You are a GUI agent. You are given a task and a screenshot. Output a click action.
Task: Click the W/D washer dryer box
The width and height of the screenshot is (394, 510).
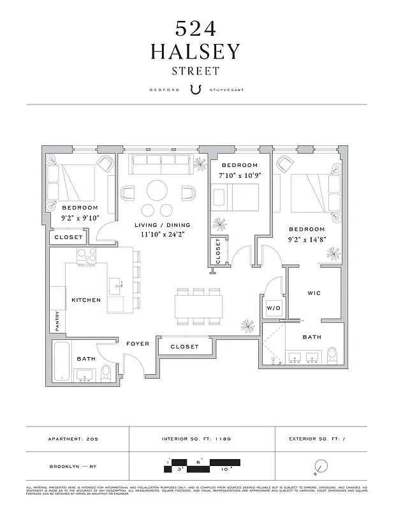point(273,308)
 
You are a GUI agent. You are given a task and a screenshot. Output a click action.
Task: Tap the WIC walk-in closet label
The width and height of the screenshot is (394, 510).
point(314,293)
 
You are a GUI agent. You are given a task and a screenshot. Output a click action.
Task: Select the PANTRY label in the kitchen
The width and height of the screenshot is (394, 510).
point(57,321)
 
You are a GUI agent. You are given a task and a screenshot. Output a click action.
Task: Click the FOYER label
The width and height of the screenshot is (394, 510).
point(138,344)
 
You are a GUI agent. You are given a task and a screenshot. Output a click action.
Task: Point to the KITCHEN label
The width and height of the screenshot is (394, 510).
point(86,300)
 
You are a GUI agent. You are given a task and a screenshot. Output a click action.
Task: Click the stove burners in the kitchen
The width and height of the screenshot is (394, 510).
point(86,255)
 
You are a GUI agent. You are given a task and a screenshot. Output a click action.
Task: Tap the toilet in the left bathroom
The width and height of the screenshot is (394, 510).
point(106,372)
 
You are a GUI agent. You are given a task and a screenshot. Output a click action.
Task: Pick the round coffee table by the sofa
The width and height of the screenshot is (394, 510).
point(156,190)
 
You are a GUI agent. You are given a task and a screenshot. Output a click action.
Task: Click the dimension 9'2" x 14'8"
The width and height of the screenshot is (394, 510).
point(307,239)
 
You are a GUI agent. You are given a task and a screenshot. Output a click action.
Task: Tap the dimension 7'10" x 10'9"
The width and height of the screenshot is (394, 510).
point(239,175)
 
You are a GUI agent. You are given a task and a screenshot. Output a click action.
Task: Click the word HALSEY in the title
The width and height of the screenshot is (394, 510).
point(196,52)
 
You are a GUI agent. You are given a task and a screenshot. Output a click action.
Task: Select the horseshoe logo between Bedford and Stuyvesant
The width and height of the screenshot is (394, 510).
point(196,89)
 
